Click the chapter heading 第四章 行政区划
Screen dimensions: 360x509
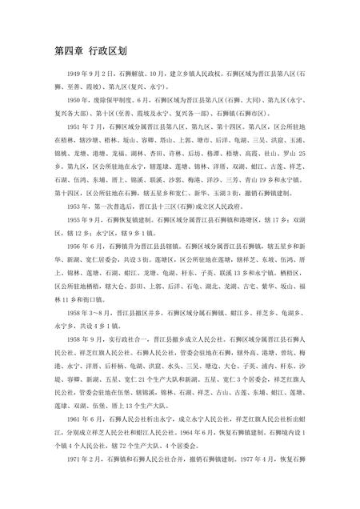click(x=90, y=50)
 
